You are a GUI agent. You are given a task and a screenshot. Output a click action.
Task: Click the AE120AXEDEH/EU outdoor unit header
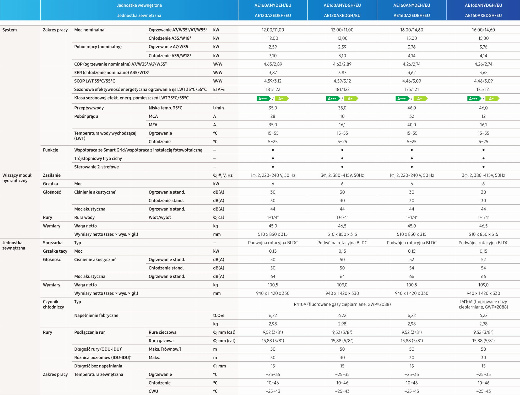pos(273,15)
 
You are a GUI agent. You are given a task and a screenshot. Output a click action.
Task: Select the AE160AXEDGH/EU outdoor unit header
pos(483,15)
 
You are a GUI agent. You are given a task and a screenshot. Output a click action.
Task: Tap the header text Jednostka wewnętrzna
pos(139,5)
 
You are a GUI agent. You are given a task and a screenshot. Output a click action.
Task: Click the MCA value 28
pos(273,116)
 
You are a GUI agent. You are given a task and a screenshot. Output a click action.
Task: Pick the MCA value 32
pos(411,116)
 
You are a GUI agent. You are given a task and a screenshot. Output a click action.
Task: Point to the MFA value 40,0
pos(411,125)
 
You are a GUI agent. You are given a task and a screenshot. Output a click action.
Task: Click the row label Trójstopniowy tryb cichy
pos(98,158)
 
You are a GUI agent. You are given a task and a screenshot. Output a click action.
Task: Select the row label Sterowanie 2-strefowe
pos(96,167)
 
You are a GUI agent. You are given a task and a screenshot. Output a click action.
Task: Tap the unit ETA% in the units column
pos(219,89)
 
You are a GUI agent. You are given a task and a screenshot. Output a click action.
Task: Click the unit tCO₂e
pos(219,315)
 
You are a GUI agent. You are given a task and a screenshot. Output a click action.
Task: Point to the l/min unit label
pos(218,108)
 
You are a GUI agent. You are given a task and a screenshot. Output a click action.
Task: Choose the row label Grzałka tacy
pos(55,251)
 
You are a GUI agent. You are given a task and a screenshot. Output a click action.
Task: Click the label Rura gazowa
pos(161,340)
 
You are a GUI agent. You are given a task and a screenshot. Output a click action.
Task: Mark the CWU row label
pos(153,391)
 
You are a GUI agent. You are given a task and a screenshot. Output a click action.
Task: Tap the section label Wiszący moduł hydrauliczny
pos(17,178)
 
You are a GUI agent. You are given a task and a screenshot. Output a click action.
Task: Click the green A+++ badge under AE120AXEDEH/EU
pos(263,98)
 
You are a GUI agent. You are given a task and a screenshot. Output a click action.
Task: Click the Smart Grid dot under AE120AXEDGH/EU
pos(342,150)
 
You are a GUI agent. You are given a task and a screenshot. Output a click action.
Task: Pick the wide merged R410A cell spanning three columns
pos(342,304)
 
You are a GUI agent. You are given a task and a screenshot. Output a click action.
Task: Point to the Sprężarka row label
pos(53,243)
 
